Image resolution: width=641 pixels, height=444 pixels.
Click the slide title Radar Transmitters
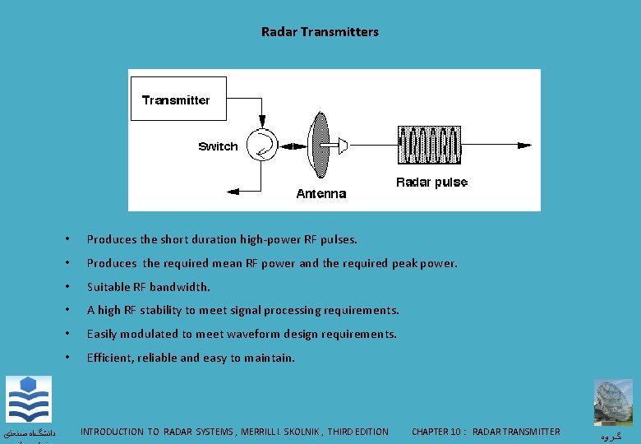click(x=320, y=32)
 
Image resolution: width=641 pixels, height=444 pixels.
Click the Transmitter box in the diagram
click(x=177, y=99)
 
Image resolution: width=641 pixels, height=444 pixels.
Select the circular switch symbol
click(x=262, y=145)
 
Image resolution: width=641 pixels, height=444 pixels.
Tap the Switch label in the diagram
click(x=218, y=146)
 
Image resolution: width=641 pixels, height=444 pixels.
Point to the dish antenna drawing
click(x=319, y=145)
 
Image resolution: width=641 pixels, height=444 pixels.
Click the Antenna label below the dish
click(x=320, y=194)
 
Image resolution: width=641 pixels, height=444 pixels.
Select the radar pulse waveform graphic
click(x=428, y=146)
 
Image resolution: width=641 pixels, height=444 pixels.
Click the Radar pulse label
click(x=431, y=182)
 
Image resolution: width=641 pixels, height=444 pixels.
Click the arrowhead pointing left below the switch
click(x=233, y=190)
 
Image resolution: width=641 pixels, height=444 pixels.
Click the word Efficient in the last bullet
click(x=110, y=358)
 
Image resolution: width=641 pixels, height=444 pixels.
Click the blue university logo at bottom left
click(x=29, y=400)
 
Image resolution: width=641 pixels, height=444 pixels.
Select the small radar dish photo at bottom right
click(x=615, y=402)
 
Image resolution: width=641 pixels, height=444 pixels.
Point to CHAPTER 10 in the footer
click(x=436, y=432)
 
